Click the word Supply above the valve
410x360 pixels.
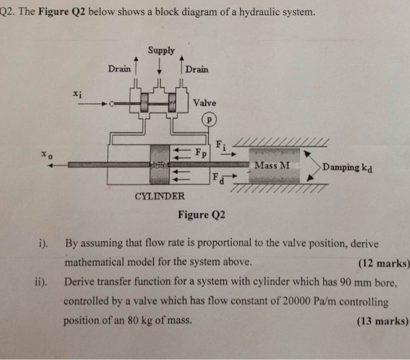pyautogui.click(x=161, y=50)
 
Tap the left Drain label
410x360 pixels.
pyautogui.click(x=119, y=69)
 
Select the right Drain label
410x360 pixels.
pyautogui.click(x=197, y=69)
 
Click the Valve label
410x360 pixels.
pyautogui.click(x=204, y=103)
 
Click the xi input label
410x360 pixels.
pyautogui.click(x=77, y=93)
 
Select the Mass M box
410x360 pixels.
pyautogui.click(x=272, y=166)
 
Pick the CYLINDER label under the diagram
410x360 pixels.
pyautogui.click(x=160, y=196)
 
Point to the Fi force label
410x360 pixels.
pyautogui.click(x=220, y=144)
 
